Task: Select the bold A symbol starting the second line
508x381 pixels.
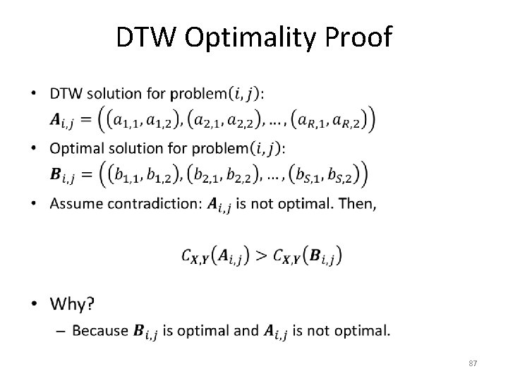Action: [x=59, y=121]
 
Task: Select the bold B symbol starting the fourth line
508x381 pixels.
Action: [x=59, y=174]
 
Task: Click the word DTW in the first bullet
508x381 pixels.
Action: [x=65, y=94]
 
